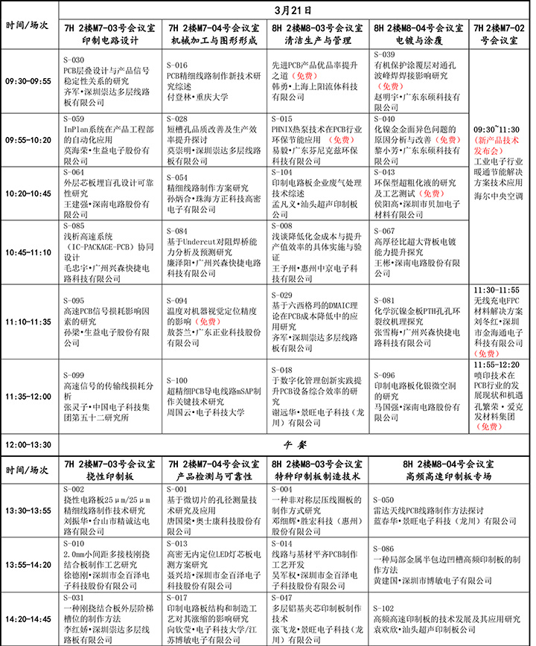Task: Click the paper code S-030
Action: (74, 55)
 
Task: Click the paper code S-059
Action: (74, 118)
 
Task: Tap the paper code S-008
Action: (281, 226)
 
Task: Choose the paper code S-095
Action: (74, 301)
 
